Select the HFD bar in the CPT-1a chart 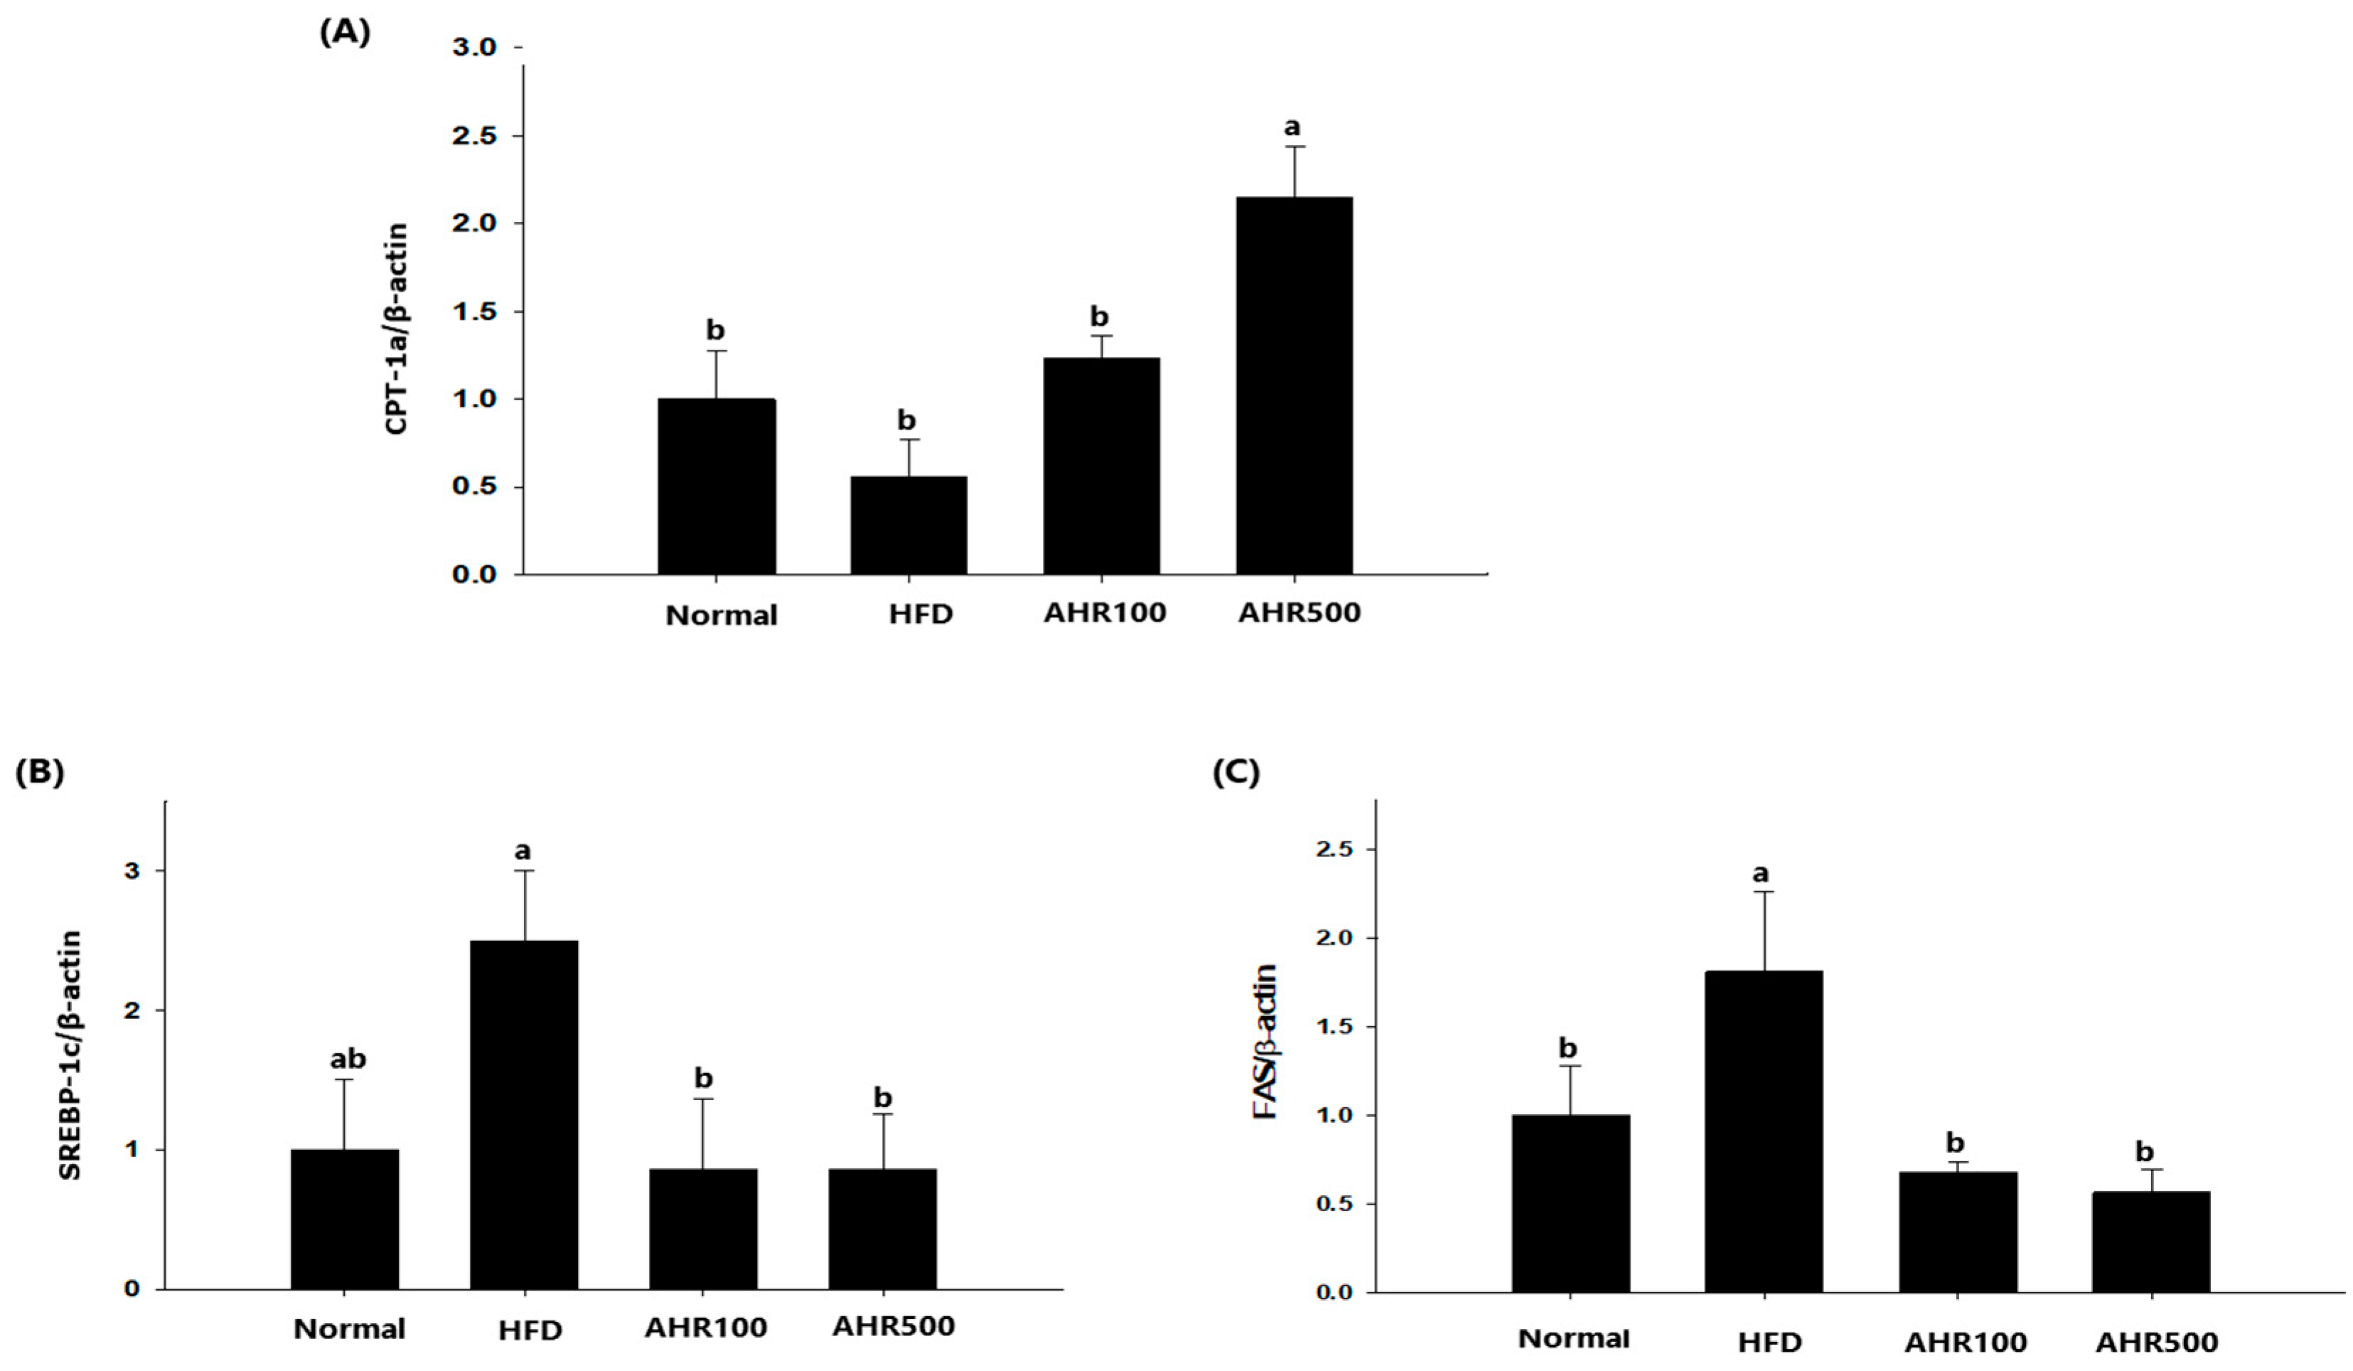tap(908, 525)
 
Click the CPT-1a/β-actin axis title tap(397, 329)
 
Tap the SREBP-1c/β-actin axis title tap(71, 1055)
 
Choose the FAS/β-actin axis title tap(1265, 1042)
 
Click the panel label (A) tap(345, 33)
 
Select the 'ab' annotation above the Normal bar tap(348, 1058)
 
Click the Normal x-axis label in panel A tap(721, 615)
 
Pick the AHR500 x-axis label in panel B tap(894, 1326)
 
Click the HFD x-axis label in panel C tap(1769, 1343)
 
